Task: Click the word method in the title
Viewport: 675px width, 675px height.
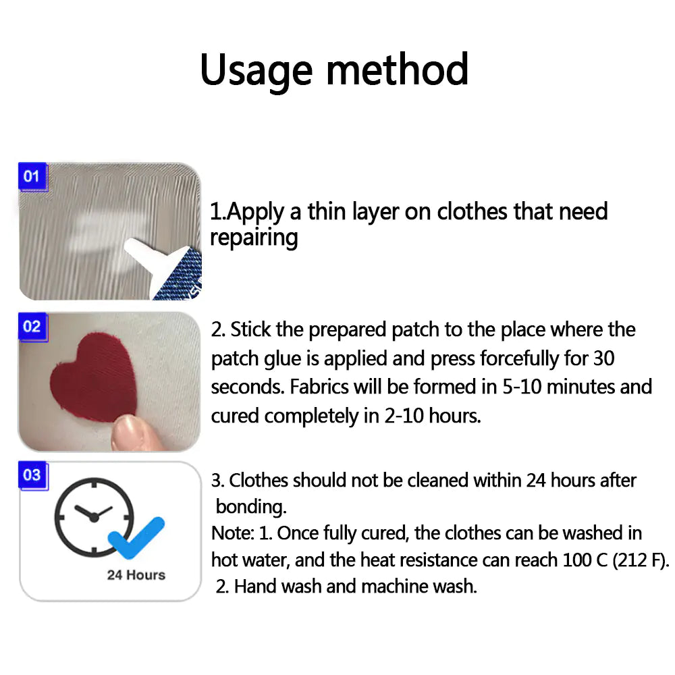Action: click(x=391, y=70)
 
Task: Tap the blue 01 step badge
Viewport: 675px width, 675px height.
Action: click(x=32, y=177)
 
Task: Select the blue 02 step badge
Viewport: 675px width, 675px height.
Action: click(x=32, y=327)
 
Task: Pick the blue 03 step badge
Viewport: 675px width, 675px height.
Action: click(x=32, y=475)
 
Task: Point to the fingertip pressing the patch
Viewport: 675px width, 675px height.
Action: click(x=134, y=432)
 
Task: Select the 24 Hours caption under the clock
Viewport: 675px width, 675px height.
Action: click(x=136, y=575)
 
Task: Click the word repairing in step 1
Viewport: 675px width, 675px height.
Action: click(x=254, y=238)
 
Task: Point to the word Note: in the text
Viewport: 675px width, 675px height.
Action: click(x=233, y=533)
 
